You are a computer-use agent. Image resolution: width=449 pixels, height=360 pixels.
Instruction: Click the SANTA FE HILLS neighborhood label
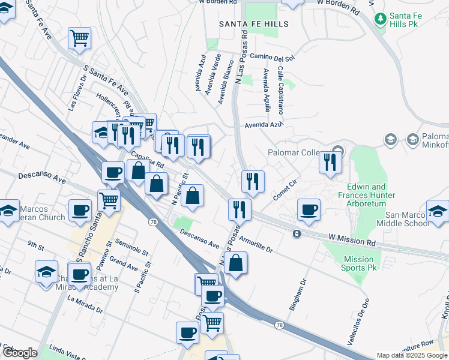tap(253, 24)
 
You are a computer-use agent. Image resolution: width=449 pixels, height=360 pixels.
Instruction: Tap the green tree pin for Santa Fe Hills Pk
tap(379, 19)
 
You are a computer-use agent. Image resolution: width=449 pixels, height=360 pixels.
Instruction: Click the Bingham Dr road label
tap(298, 294)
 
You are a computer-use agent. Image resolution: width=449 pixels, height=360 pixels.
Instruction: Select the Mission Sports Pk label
tap(358, 263)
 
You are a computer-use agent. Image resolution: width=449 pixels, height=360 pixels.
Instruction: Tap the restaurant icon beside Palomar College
tap(330, 162)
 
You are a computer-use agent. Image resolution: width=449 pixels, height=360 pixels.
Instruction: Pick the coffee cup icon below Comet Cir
tap(309, 209)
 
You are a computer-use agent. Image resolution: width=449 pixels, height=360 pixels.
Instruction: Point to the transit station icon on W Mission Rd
tap(297, 233)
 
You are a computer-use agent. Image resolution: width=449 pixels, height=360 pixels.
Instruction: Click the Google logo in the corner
tap(19, 352)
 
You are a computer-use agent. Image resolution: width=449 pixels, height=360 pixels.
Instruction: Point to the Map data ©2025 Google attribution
tap(412, 355)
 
